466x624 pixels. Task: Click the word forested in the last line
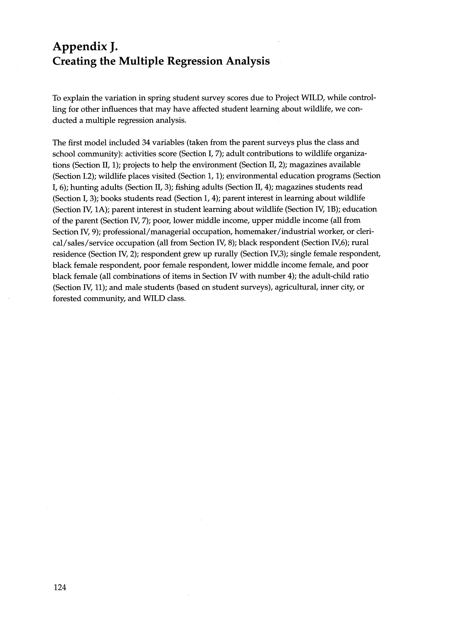[x=67, y=298]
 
